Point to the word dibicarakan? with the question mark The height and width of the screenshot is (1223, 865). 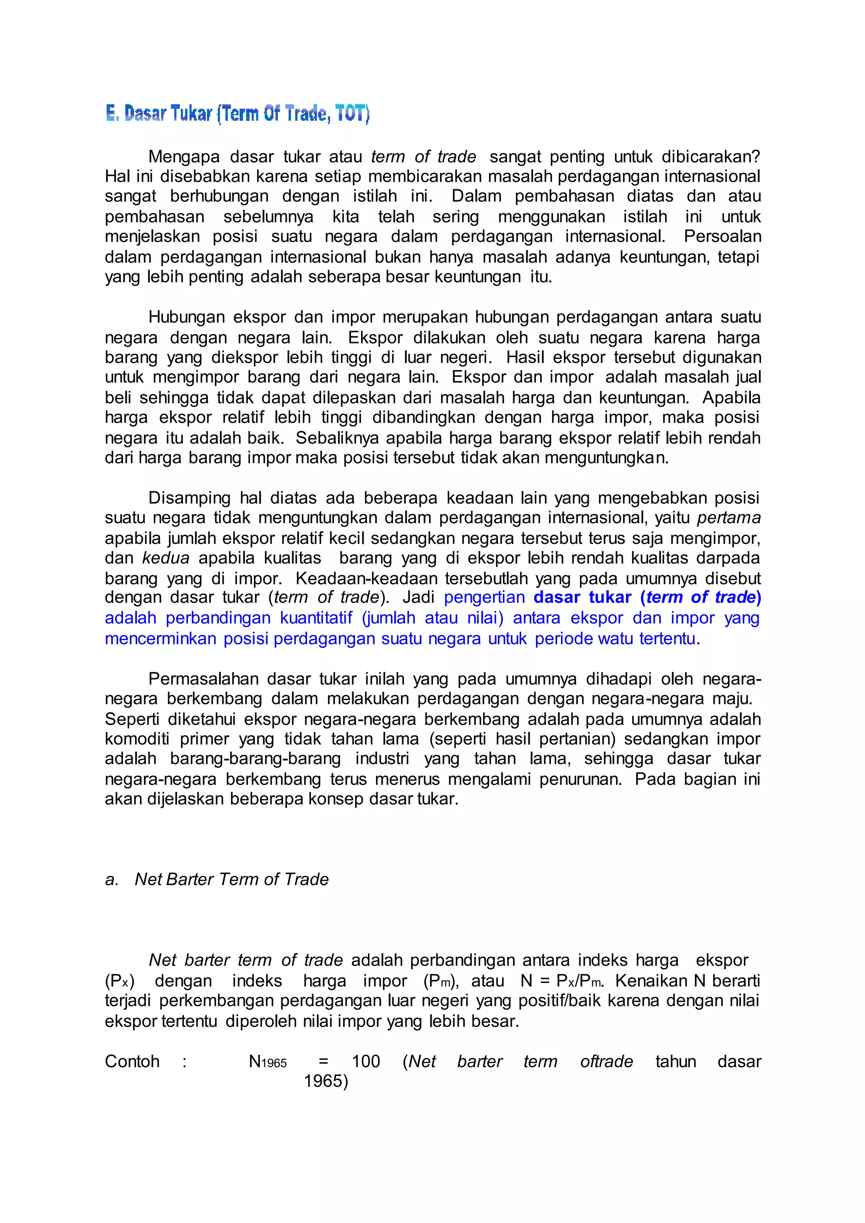pos(710,157)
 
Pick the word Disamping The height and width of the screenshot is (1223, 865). pos(190,497)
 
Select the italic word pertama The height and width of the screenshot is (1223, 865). pos(729,518)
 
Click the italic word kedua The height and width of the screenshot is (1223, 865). pos(166,558)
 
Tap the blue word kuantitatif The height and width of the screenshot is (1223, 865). pos(316,618)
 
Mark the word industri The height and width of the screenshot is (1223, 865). pos(382,758)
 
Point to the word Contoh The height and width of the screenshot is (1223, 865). pos(132,1061)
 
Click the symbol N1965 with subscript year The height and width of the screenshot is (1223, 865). pos(268,1062)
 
